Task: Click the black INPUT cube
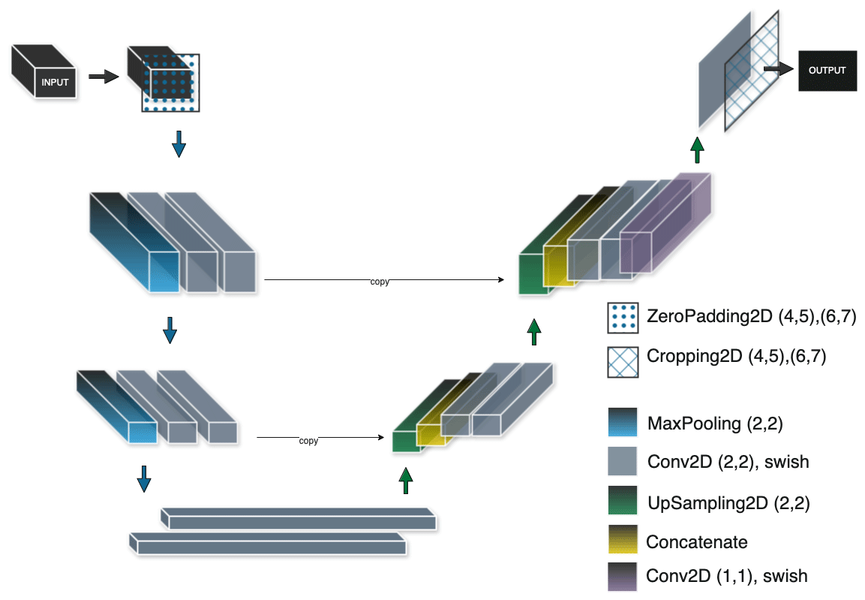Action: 44,72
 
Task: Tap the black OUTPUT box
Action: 827,71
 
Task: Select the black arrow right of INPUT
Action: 104,76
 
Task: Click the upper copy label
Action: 380,282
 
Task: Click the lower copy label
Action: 308,441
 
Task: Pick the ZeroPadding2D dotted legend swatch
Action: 623,318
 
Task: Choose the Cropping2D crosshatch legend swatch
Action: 623,362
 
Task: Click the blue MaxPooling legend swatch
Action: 622,422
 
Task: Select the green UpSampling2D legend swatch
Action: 622,500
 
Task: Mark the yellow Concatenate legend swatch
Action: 622,538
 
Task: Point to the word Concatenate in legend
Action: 697,542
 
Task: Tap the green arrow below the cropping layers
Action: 697,149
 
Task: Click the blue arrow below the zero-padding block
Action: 179,144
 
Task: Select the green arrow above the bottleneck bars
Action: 405,481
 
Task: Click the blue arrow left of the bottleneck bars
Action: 144,478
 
